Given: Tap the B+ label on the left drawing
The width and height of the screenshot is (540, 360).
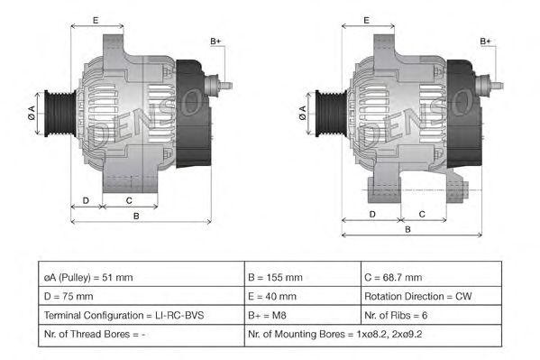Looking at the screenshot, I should point(215,42).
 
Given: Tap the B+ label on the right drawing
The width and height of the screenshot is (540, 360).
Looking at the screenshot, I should point(485,42).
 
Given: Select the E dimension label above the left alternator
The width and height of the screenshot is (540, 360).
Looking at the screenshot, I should point(96,19).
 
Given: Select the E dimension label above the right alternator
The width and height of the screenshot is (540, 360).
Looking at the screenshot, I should point(366,19).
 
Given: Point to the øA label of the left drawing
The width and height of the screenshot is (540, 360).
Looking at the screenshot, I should point(32,112).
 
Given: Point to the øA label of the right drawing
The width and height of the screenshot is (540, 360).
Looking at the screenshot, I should point(302,112).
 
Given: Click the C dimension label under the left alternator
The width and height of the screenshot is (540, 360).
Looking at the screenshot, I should point(129,201).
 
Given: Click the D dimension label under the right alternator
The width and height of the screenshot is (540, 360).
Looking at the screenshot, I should point(371,215).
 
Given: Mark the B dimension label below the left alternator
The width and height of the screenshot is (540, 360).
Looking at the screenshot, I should point(136,216).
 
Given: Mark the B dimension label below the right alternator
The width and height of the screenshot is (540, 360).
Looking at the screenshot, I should point(407,230).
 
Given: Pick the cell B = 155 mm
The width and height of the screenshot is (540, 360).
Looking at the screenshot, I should point(300,277).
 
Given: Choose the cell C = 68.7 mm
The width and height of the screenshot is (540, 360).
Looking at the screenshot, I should point(430,277).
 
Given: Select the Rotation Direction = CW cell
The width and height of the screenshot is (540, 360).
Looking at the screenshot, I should point(430,296).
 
